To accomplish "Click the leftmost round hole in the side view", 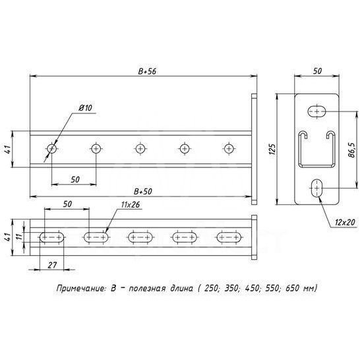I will pos(51,149).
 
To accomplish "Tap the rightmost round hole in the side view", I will pos(229,148).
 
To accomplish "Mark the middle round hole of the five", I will pos(140,148).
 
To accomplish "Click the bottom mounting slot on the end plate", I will pos(318,189).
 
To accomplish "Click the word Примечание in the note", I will pos(79,289).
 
